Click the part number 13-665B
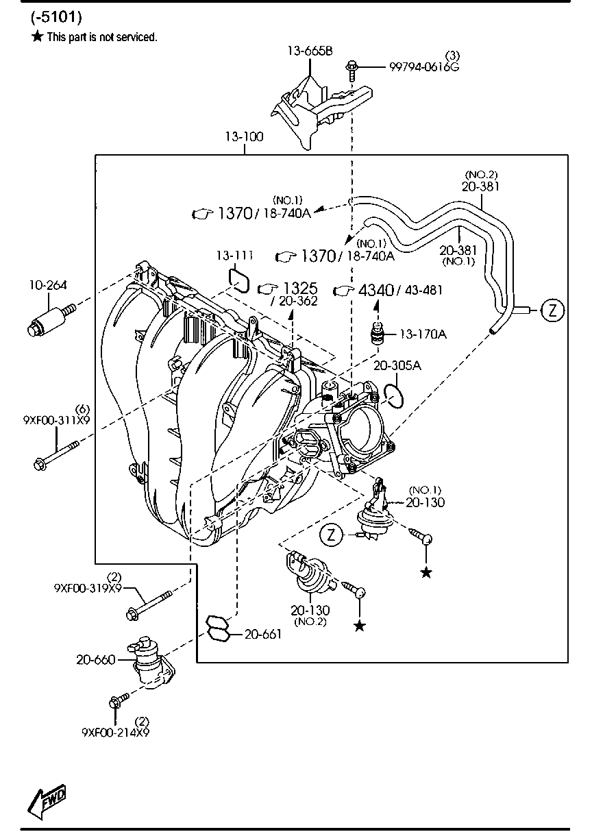[310, 51]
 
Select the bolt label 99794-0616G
[424, 67]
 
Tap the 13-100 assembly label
[245, 136]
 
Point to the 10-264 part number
[48, 285]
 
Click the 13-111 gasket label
[235, 256]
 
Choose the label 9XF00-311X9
[56, 420]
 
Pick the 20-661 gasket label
[263, 634]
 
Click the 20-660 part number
[96, 660]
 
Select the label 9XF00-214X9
[116, 732]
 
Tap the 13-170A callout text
[423, 334]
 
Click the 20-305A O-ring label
[397, 365]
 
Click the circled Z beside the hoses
[553, 310]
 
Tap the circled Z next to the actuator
[331, 535]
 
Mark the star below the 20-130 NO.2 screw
[360, 626]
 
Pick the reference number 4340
[375, 290]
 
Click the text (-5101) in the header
[56, 16]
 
